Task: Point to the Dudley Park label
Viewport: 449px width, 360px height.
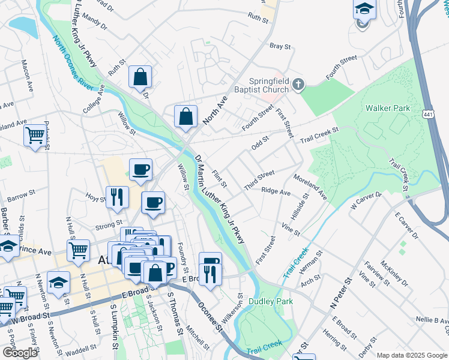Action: (271, 301)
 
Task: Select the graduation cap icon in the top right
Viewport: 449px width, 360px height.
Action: (364, 10)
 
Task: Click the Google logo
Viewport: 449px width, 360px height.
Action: (20, 353)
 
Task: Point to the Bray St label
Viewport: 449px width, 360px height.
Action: (280, 46)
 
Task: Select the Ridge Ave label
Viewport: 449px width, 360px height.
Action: (276, 191)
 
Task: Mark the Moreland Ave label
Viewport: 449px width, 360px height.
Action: (310, 188)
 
